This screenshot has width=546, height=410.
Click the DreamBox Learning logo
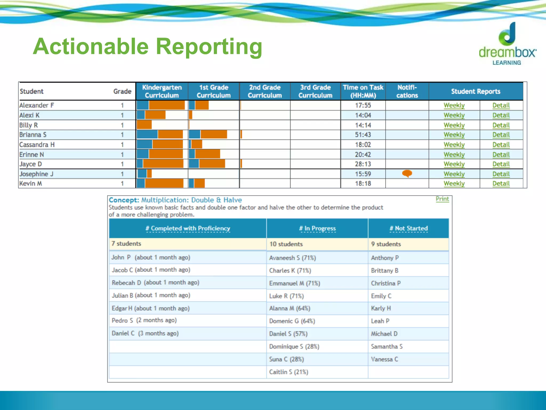click(x=507, y=44)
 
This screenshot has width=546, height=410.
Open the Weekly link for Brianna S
click(x=454, y=135)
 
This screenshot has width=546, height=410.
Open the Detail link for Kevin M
click(x=501, y=184)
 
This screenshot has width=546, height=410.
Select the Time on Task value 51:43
click(x=363, y=135)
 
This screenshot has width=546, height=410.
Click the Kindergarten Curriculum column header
click(x=162, y=91)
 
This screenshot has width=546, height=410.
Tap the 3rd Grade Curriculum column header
click(x=315, y=91)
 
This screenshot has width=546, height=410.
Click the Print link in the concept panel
click(x=442, y=199)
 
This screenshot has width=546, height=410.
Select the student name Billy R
click(x=29, y=125)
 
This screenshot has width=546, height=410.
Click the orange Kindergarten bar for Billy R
click(x=144, y=125)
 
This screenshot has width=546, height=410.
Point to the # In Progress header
click(x=317, y=228)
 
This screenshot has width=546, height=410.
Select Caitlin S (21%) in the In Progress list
click(x=289, y=372)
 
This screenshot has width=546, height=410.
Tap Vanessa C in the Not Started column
click(x=384, y=359)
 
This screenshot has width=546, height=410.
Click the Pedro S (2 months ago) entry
click(x=144, y=321)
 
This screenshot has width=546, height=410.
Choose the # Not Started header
click(x=408, y=228)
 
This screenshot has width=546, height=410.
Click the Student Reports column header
click(x=476, y=91)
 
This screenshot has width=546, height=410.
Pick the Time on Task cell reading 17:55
click(x=363, y=105)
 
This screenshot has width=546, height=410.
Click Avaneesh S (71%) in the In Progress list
click(x=292, y=258)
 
